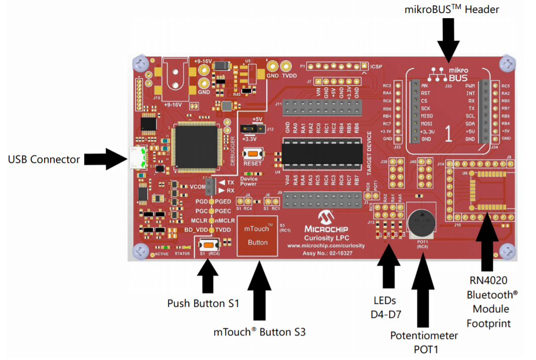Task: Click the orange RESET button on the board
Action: point(253,155)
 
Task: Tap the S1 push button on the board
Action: point(207,245)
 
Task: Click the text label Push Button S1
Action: point(203,303)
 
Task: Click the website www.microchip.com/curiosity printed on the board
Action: point(325,246)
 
